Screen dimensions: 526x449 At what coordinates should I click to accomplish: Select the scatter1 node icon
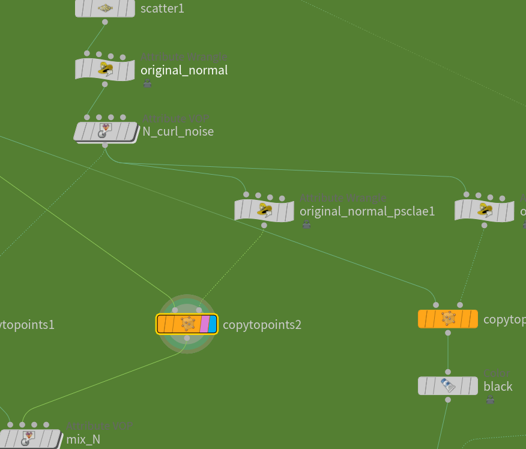[x=105, y=8]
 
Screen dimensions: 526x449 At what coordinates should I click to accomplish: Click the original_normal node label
[x=184, y=70]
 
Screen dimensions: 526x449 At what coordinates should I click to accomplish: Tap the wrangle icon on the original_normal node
[x=106, y=69]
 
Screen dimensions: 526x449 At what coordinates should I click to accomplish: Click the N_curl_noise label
[x=178, y=131]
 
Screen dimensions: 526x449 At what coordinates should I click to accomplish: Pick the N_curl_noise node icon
[x=106, y=131]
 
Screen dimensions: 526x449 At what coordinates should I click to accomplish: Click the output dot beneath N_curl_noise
[x=105, y=145]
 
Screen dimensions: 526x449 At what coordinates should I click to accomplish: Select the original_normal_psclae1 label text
[x=367, y=211]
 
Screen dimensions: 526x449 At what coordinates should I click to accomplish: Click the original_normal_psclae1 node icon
[x=264, y=209]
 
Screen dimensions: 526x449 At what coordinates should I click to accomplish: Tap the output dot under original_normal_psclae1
[x=264, y=226]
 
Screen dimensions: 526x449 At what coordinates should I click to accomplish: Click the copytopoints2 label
[x=262, y=325]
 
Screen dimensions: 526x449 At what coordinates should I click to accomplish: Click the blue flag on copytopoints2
[x=213, y=324]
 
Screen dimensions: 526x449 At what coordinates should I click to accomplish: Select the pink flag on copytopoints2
[x=204, y=324]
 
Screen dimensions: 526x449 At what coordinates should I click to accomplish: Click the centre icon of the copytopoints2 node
[x=188, y=324]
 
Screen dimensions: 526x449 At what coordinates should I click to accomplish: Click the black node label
[x=498, y=386]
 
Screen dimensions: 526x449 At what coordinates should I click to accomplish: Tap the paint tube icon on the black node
[x=448, y=385]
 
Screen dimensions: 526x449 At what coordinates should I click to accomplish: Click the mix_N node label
[x=83, y=439]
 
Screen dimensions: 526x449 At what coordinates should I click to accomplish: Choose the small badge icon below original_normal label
[x=147, y=84]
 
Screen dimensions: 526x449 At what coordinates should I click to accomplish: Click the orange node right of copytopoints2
[x=448, y=319]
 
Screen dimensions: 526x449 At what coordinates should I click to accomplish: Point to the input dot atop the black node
[x=448, y=372]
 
